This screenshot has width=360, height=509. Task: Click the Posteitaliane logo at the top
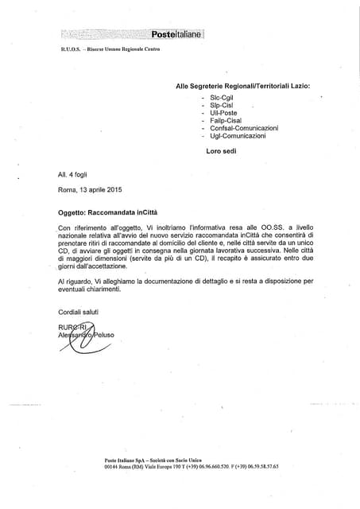(176, 34)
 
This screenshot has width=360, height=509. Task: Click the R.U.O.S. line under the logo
(110, 49)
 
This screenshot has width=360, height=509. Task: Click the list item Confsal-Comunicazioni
(244, 128)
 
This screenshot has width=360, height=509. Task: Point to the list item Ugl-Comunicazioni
(238, 136)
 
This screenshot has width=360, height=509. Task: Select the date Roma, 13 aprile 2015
(90, 189)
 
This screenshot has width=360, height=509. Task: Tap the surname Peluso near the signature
(101, 335)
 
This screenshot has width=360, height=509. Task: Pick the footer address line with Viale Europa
(192, 467)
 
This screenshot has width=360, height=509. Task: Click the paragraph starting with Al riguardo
(186, 286)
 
